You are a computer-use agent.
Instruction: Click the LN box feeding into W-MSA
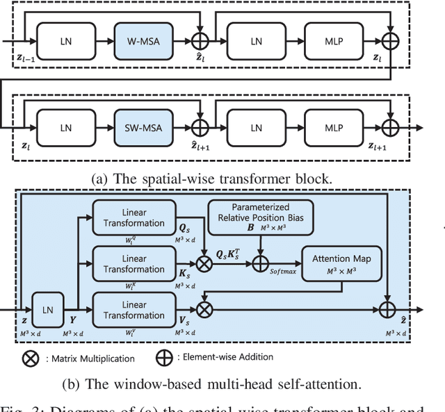pyautogui.click(x=65, y=42)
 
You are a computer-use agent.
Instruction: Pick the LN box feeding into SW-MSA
pyautogui.click(x=65, y=128)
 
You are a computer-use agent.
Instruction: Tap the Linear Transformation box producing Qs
pyautogui.click(x=129, y=217)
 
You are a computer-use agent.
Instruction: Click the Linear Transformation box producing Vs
pyautogui.click(x=129, y=309)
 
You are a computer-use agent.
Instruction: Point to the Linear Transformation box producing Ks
pyautogui.click(x=129, y=263)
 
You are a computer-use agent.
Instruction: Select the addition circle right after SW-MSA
pyautogui.click(x=200, y=129)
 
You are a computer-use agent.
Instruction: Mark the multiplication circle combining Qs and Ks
pyautogui.click(x=204, y=264)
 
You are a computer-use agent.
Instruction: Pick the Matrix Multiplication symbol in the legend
pyautogui.click(x=30, y=358)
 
